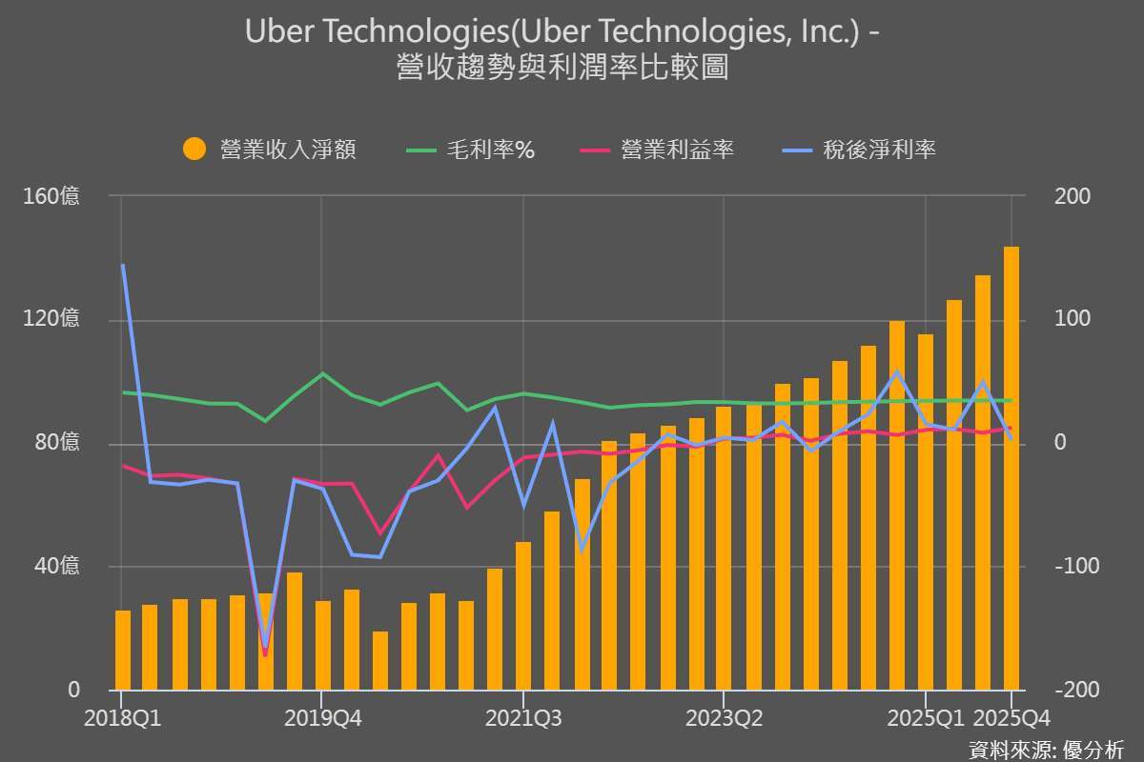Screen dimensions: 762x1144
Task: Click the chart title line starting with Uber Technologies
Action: (562, 31)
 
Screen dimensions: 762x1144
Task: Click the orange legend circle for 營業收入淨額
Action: (194, 150)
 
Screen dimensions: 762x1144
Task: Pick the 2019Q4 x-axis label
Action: (321, 717)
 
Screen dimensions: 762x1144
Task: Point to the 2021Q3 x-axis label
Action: (522, 717)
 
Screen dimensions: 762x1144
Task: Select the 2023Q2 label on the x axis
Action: (724, 717)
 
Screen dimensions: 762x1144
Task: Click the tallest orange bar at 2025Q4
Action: (1011, 467)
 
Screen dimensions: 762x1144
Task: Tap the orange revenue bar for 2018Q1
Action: (123, 651)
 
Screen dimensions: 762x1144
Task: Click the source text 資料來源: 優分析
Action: (1045, 749)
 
